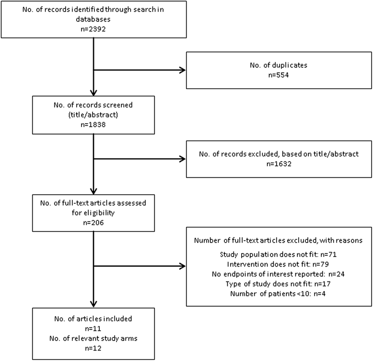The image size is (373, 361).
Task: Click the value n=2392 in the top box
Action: pos(93,28)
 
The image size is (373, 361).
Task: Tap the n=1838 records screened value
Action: pos(93,124)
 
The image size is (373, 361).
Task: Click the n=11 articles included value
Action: pos(93,327)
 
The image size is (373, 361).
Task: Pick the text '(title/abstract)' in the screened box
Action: pos(93,116)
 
